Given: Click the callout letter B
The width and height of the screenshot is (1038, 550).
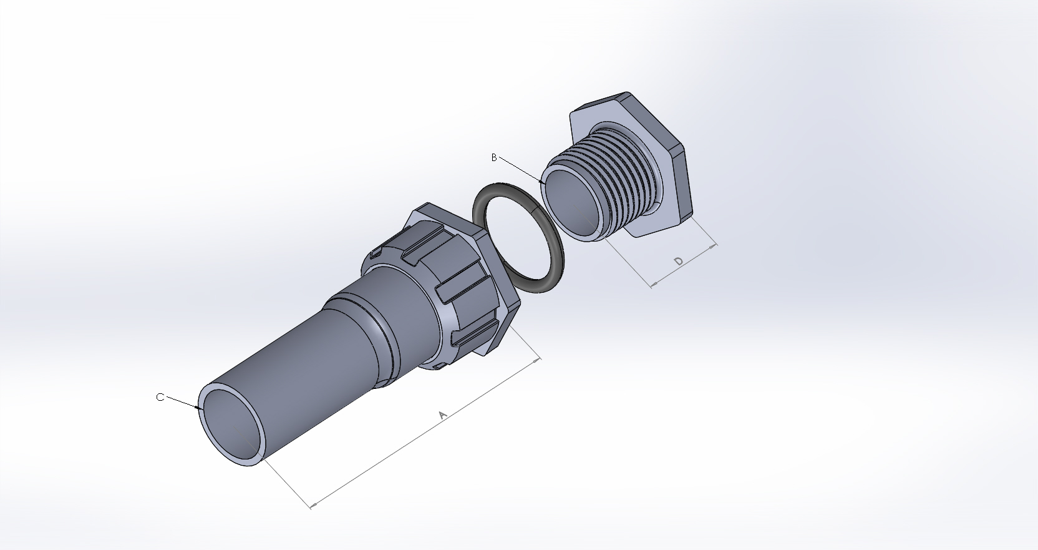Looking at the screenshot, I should pyautogui.click(x=494, y=157).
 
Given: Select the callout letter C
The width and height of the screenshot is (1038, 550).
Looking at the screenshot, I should pyautogui.click(x=160, y=397).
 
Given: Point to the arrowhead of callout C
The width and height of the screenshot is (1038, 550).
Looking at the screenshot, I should pyautogui.click(x=201, y=409).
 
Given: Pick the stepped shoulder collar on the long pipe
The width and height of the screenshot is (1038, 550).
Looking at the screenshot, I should pyautogui.click(x=368, y=312).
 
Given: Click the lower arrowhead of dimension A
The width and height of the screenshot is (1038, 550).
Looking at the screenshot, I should pyautogui.click(x=312, y=505).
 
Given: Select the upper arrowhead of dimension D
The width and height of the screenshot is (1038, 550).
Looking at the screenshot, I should pyautogui.click(x=715, y=247).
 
